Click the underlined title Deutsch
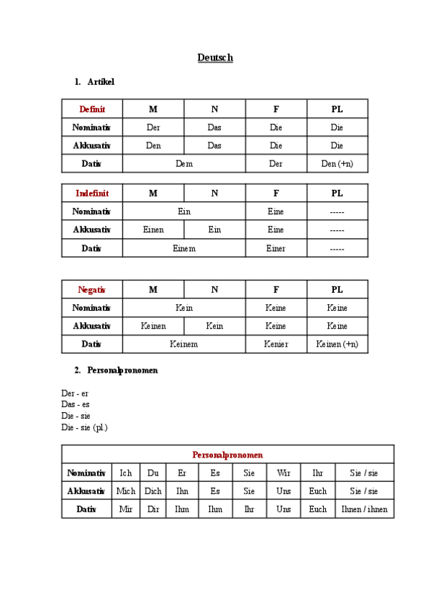pos(215,58)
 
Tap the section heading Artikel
pos(100,82)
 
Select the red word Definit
pos(92,109)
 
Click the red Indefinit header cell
pos(92,194)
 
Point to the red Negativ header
pos(92,290)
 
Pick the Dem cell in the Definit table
pos(184,164)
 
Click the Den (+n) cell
pos(337,164)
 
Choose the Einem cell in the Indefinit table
pos(184,248)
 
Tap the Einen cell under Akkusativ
pos(153,230)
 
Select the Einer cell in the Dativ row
pos(276,248)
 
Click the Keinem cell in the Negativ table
pos(184,345)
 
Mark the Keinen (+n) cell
pos(337,345)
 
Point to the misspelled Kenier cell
pos(276,345)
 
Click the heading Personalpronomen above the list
pos(122,370)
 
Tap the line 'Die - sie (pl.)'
pos(84,427)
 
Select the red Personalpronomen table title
pos(227,455)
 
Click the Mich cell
pos(125,491)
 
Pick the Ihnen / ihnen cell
pos(364,509)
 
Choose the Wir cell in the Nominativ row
pos(283,473)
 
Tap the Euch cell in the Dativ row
pos(317,509)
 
